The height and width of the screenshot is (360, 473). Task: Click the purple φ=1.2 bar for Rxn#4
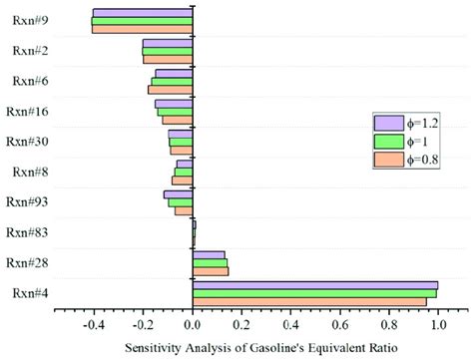coord(314,285)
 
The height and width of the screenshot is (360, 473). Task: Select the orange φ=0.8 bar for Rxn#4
coord(309,301)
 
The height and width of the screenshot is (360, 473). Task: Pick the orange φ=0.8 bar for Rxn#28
coord(210,271)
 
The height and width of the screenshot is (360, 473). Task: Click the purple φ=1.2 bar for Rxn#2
coord(168,44)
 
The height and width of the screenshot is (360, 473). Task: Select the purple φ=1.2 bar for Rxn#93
coord(179,194)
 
